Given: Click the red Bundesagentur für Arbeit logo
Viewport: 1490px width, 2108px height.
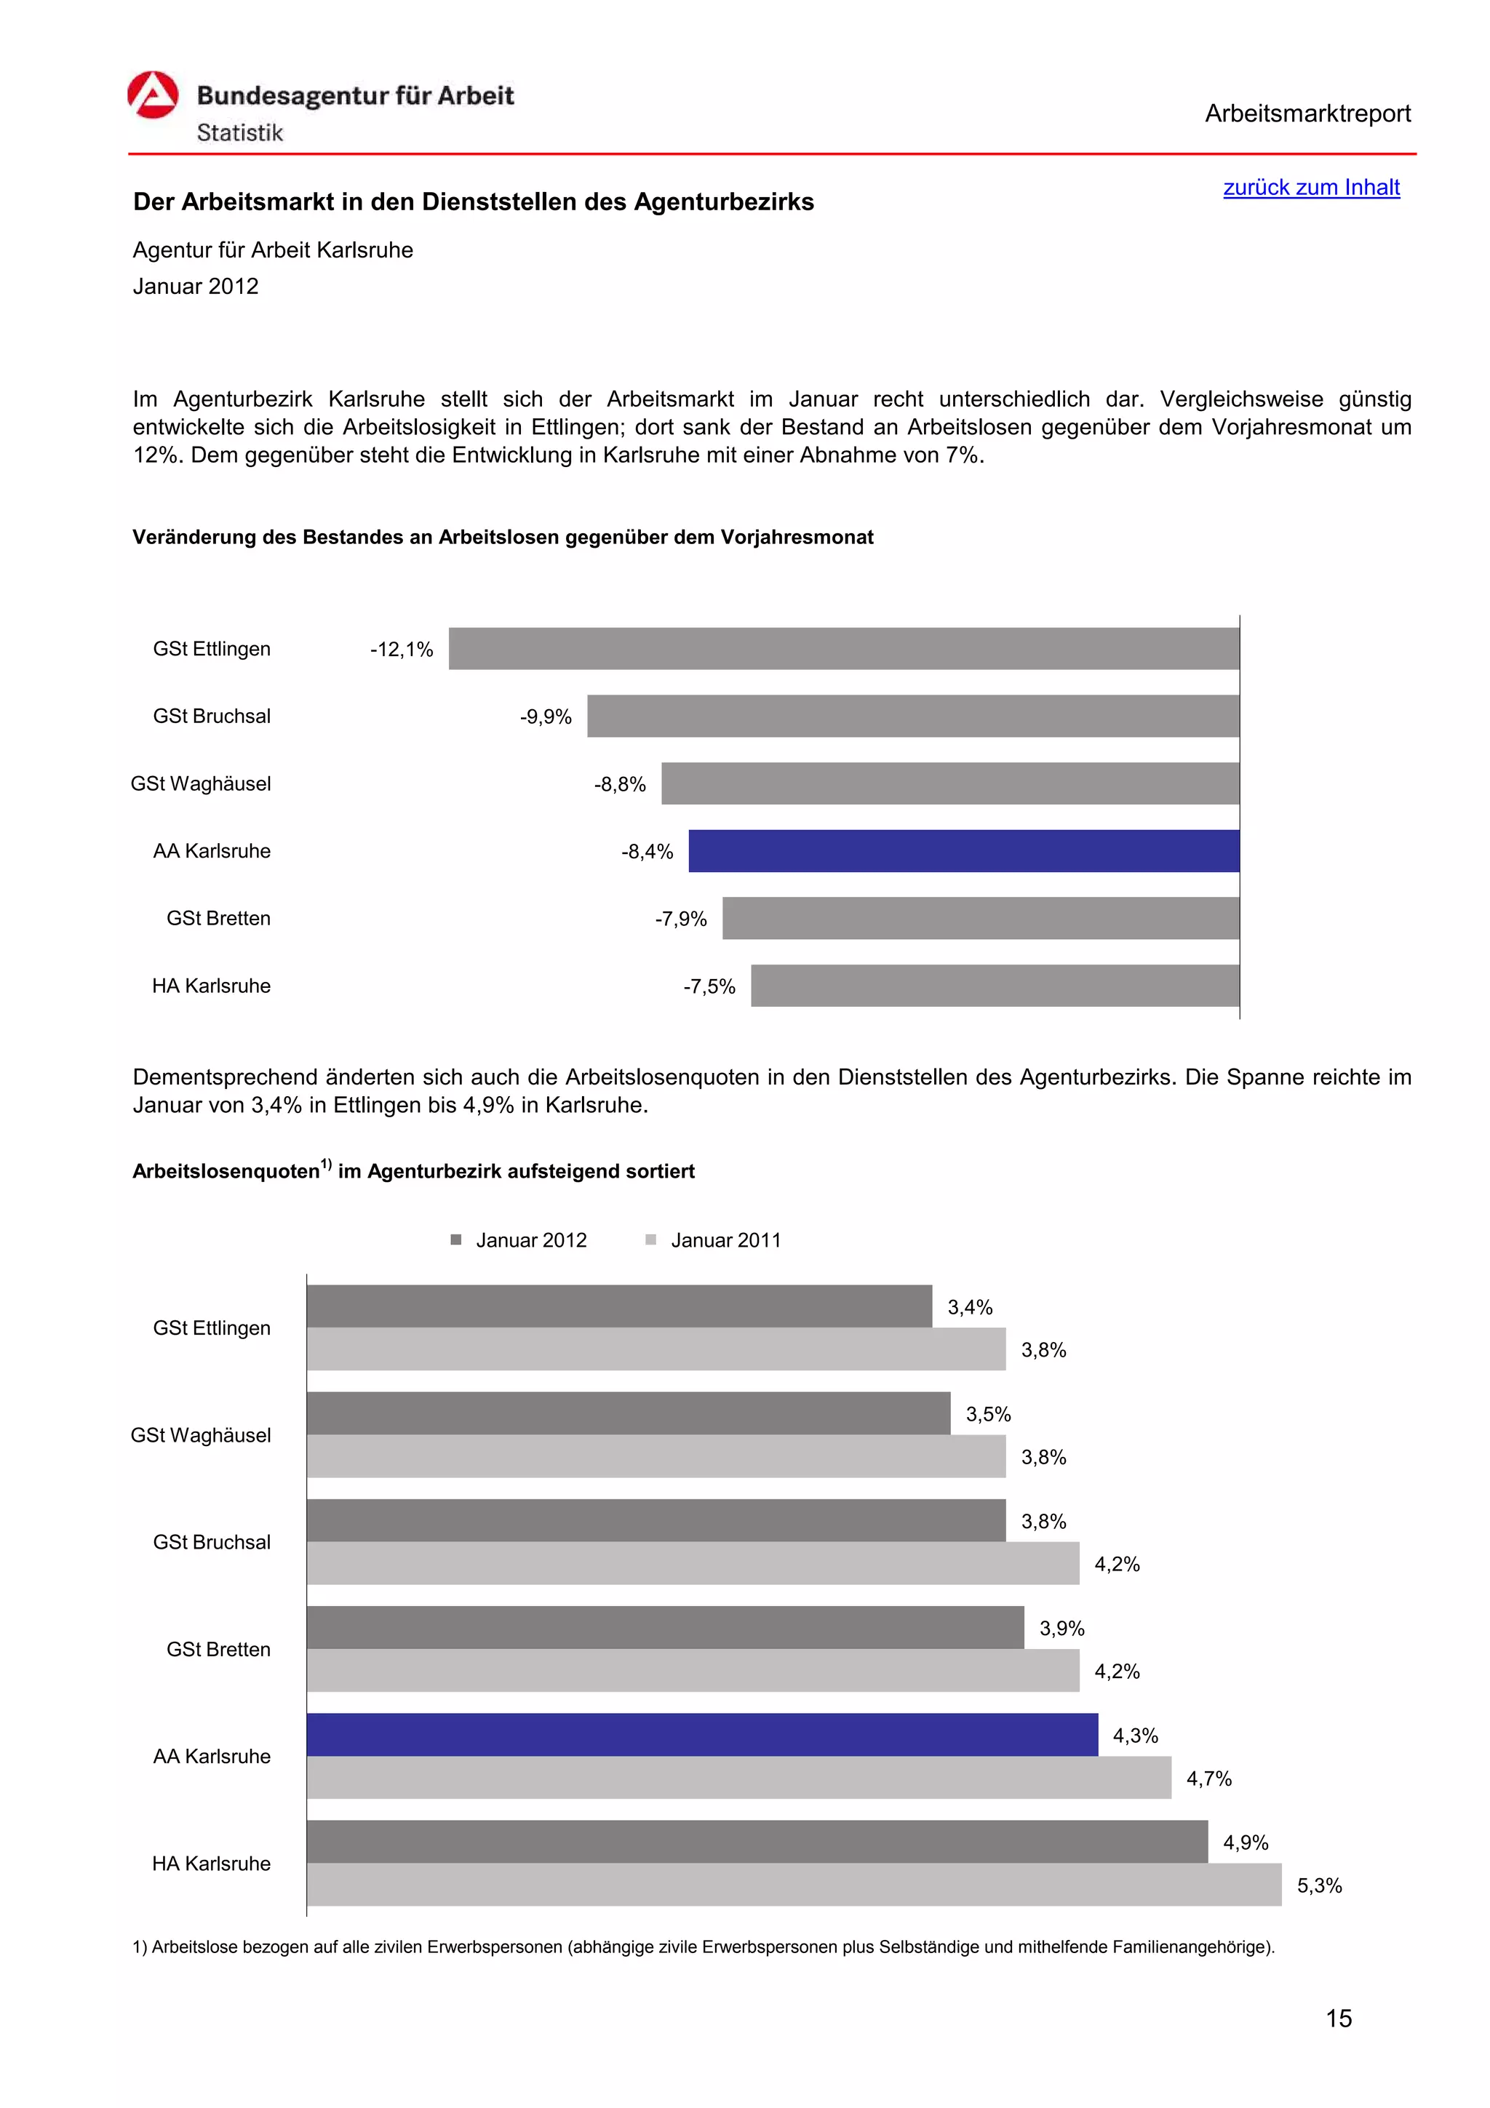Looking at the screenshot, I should tap(152, 95).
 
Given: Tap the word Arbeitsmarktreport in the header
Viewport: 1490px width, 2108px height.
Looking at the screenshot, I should tap(1307, 114).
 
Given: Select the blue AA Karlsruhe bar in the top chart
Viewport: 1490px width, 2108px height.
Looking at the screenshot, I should tap(963, 851).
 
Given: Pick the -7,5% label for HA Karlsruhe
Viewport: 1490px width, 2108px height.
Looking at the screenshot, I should tap(709, 986).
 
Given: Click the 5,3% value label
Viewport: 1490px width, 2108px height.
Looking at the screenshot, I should tap(1318, 1886).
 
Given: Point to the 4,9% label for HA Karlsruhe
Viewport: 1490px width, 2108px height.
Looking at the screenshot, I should tap(1245, 1842).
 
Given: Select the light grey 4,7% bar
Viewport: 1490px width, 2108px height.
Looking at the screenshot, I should tap(738, 1778).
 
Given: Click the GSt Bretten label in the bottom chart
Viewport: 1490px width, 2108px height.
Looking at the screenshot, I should tap(218, 1649).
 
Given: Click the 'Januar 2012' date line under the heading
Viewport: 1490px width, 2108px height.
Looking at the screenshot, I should tap(196, 287).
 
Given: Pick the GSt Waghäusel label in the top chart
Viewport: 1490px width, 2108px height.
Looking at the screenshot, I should tap(201, 784).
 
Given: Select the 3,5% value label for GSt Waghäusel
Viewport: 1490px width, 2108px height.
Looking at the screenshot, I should tap(988, 1414).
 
